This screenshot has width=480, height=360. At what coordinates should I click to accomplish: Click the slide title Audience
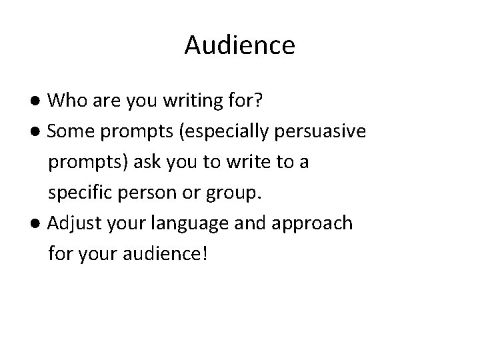coord(239,45)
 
